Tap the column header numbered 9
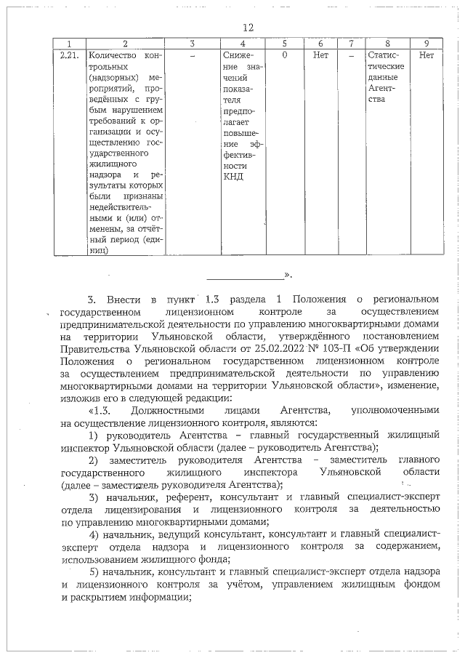(x=426, y=43)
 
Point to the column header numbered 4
(x=243, y=43)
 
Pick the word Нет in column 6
(x=320, y=55)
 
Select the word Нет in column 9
(x=426, y=55)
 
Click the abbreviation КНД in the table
(x=234, y=177)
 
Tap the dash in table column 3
(x=192, y=55)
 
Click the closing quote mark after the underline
(x=288, y=276)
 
